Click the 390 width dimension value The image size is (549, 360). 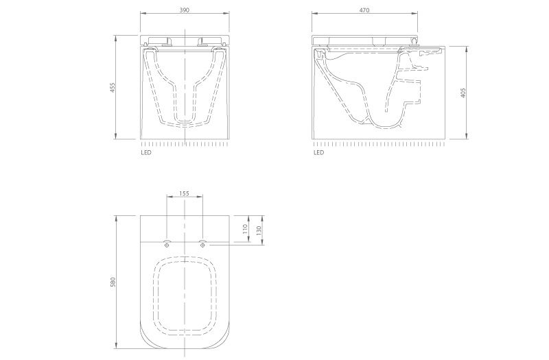point(184,10)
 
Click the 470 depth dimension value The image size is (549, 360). point(364,10)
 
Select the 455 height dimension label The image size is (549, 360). point(113,88)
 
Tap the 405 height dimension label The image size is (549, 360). point(463,93)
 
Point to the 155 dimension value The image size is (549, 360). point(184,193)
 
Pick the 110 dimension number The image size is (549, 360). point(245,229)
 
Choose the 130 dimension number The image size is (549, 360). point(259,230)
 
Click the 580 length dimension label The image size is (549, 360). point(113,283)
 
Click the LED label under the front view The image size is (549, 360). point(146,152)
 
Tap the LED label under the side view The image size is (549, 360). point(318,152)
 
